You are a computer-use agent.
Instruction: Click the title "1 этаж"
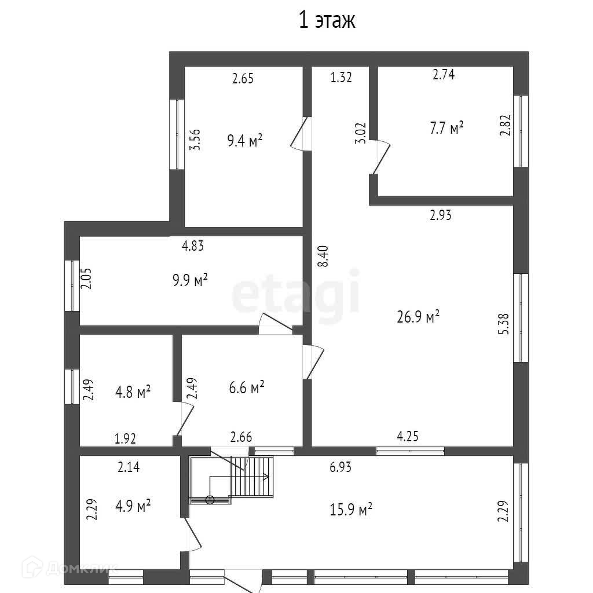pos(326,21)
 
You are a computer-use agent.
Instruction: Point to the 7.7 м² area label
pos(446,128)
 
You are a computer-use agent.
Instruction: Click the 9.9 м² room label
pos(189,281)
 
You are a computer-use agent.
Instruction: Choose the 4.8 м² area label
pos(133,392)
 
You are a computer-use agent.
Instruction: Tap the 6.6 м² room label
pos(246,387)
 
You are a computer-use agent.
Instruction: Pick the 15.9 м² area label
pos(351,510)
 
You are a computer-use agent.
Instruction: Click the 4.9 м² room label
pos(133,506)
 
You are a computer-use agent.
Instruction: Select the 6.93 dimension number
pos(341,467)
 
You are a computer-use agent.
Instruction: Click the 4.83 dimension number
pos(193,246)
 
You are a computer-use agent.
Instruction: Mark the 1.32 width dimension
pos(341,78)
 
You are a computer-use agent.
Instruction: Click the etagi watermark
pos(295,296)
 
